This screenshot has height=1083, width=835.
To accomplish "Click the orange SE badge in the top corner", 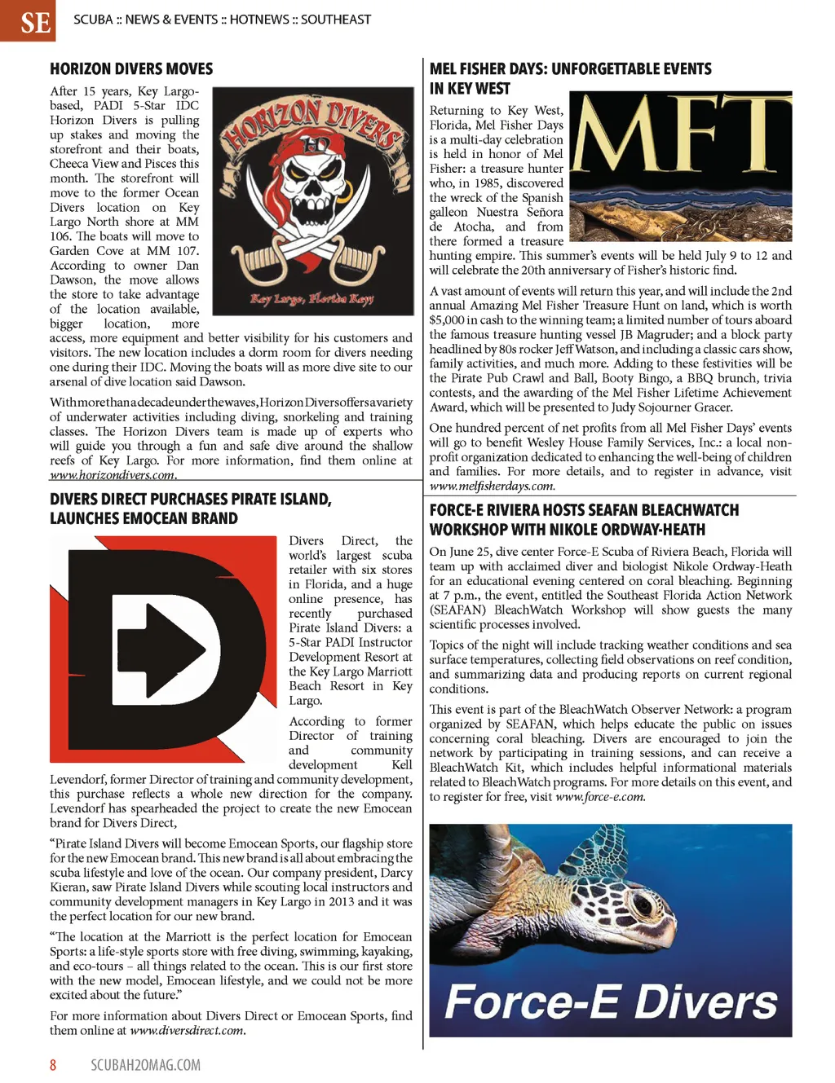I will [x=28, y=20].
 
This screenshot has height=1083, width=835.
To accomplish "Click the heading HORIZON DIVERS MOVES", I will [x=131, y=69].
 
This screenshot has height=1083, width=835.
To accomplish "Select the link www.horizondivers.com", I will [x=113, y=475].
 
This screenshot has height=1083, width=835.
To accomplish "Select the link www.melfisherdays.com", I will [x=492, y=486].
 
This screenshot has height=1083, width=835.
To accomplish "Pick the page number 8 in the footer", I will [x=53, y=1065].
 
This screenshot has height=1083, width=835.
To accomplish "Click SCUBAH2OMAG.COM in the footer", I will [x=145, y=1065].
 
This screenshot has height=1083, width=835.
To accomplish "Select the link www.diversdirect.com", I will [x=187, y=1030].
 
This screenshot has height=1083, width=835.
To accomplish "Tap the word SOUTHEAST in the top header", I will [x=335, y=20].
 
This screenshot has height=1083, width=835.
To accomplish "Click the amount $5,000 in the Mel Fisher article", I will [x=447, y=319].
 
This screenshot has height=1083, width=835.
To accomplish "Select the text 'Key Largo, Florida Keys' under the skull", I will [x=313, y=299].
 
